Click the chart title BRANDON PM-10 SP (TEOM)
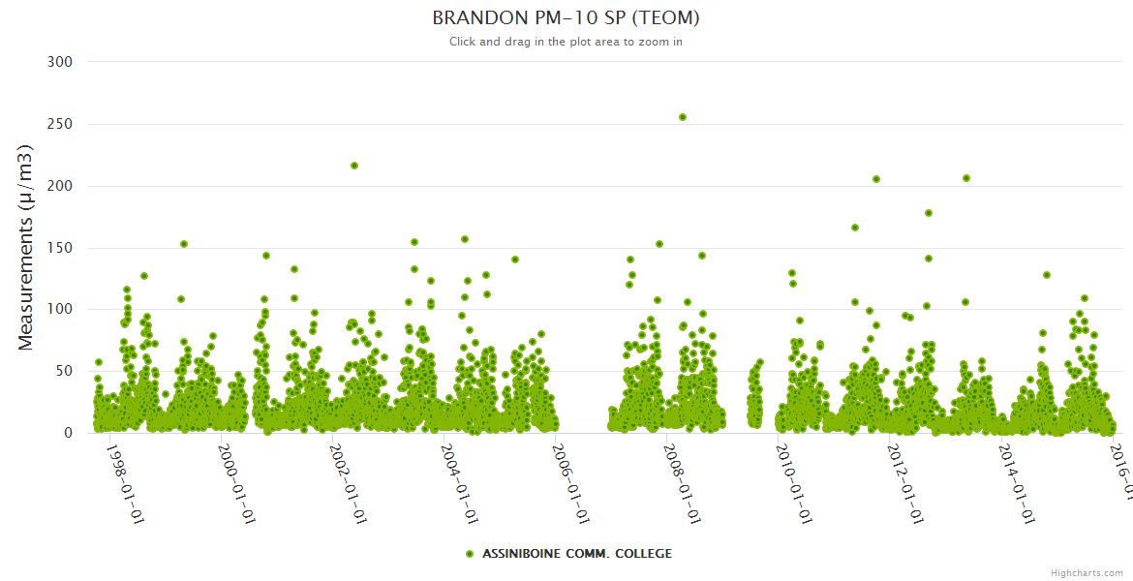click(x=566, y=18)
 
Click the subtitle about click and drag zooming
click(x=566, y=42)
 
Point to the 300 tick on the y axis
click(x=61, y=62)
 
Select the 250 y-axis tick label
click(x=61, y=124)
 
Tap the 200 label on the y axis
click(x=61, y=186)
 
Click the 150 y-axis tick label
click(x=61, y=248)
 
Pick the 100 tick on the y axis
click(x=61, y=310)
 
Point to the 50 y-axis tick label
click(x=65, y=372)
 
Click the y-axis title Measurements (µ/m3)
click(x=27, y=247)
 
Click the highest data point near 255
click(x=683, y=117)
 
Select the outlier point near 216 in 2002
click(x=354, y=166)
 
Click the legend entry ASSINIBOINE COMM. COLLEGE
click(x=576, y=554)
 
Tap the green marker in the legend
click(x=470, y=554)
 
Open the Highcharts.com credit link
click(x=1087, y=573)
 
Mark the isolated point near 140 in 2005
click(x=515, y=260)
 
